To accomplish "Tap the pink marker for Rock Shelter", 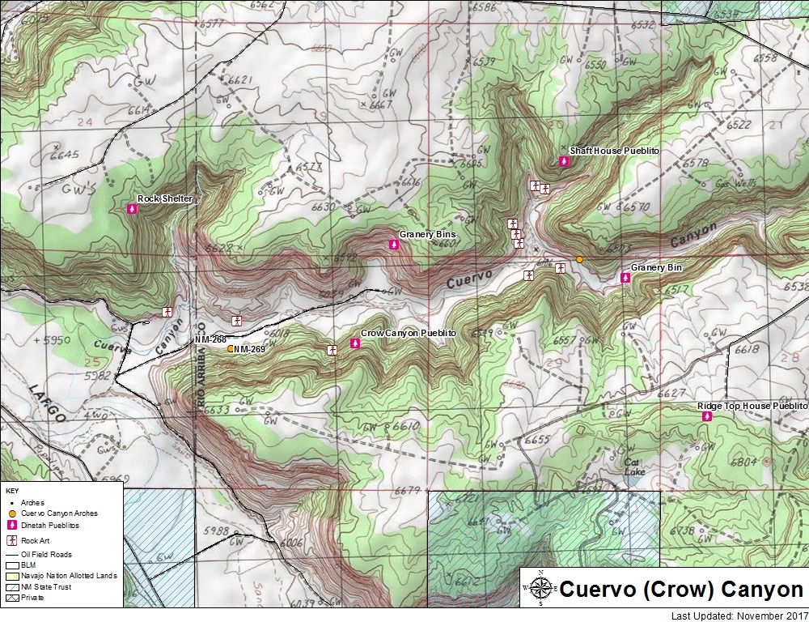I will coord(133,209).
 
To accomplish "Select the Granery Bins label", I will coord(427,235).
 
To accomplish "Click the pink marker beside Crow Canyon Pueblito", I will coord(354,344).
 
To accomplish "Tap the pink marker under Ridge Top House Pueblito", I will coord(707,416).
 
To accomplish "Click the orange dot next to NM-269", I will coord(231,349).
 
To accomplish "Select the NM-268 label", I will coord(210,339).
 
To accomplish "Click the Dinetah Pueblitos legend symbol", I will coord(12,525).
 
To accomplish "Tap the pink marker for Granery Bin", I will coord(625,278).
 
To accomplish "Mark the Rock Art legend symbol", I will coord(12,540).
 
